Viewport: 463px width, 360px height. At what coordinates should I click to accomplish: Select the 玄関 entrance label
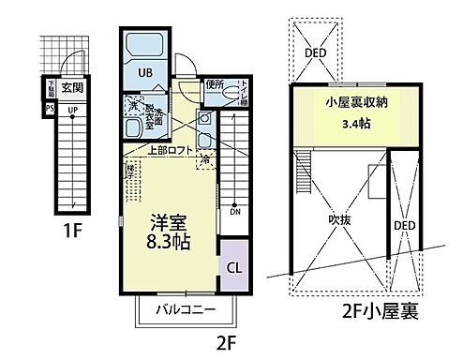pyautogui.click(x=72, y=87)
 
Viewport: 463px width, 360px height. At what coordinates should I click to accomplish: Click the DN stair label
pyautogui.click(x=233, y=210)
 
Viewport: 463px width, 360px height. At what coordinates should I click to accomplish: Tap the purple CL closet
pyautogui.click(x=233, y=265)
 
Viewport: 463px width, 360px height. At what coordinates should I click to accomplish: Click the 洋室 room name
pyautogui.click(x=171, y=224)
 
